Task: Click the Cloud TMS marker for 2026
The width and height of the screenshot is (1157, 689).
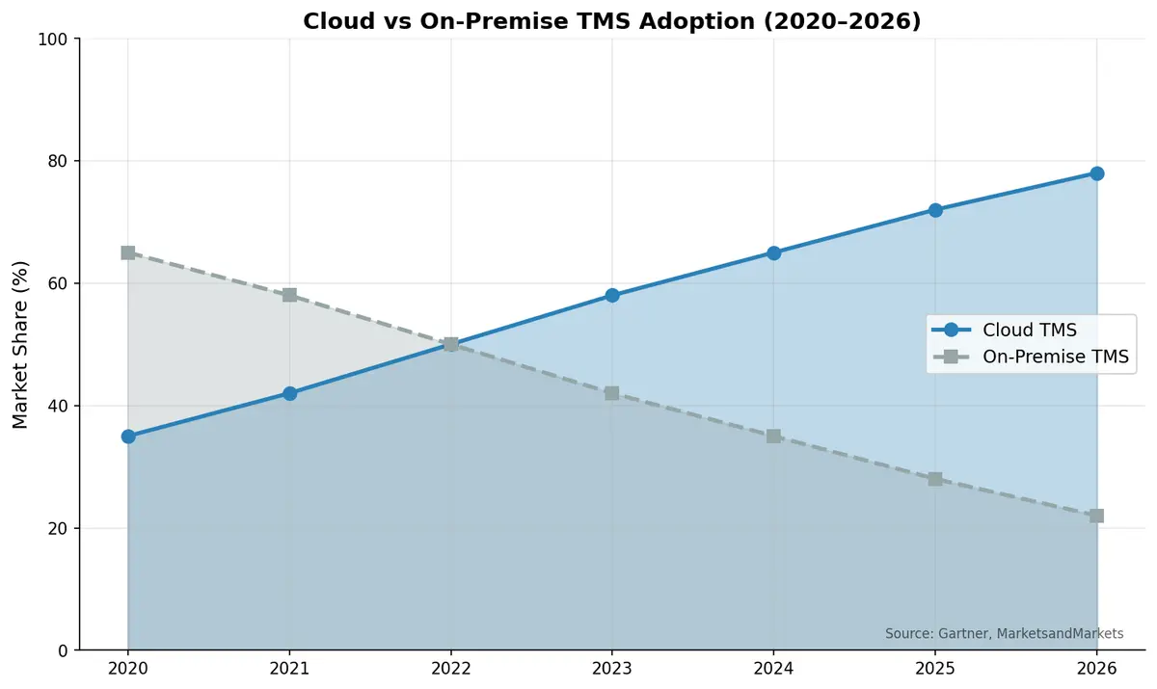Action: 1096,173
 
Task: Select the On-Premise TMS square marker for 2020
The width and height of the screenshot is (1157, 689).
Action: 127,252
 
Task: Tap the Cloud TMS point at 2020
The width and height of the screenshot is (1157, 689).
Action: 127,437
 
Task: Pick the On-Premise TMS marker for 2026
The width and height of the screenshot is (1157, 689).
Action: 1096,516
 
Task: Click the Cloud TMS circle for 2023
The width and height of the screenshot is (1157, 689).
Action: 612,295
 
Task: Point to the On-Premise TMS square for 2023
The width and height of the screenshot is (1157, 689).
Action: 612,393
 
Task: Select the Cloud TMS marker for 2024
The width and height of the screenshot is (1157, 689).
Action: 773,252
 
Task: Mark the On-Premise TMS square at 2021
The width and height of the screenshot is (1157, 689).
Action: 289,295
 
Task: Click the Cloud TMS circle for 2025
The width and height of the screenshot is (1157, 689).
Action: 935,210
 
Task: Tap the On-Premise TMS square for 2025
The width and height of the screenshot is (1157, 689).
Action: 935,479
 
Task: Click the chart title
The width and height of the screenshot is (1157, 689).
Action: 612,21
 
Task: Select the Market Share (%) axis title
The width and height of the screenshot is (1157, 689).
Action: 21,344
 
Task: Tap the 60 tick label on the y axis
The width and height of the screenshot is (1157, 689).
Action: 59,283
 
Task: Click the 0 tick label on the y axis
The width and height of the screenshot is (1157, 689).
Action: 63,650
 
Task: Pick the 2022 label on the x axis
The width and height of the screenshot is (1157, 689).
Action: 450,668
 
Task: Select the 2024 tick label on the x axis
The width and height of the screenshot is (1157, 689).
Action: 773,668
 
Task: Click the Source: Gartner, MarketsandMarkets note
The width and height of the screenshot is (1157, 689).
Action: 1004,633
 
